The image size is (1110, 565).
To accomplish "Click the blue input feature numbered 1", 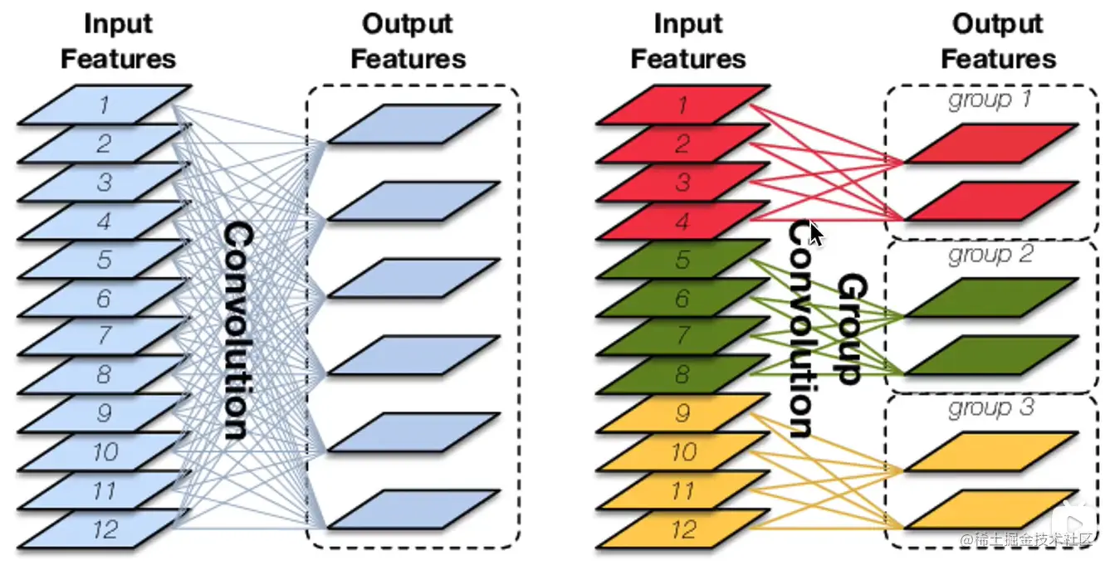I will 104,105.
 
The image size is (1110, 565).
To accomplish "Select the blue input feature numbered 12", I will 104,529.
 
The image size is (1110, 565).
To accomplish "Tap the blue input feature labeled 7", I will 104,336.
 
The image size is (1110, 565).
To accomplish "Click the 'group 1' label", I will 990,100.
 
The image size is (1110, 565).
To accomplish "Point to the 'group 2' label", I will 990,254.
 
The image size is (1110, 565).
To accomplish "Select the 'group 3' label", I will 990,408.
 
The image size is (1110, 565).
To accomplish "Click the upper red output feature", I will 990,143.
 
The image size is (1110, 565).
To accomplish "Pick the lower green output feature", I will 990,354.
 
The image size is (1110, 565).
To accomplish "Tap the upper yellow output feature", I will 990,451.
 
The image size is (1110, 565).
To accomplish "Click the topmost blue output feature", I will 413,124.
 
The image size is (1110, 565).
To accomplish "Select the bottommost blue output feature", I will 413,509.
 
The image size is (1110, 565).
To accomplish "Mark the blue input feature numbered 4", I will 104,221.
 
